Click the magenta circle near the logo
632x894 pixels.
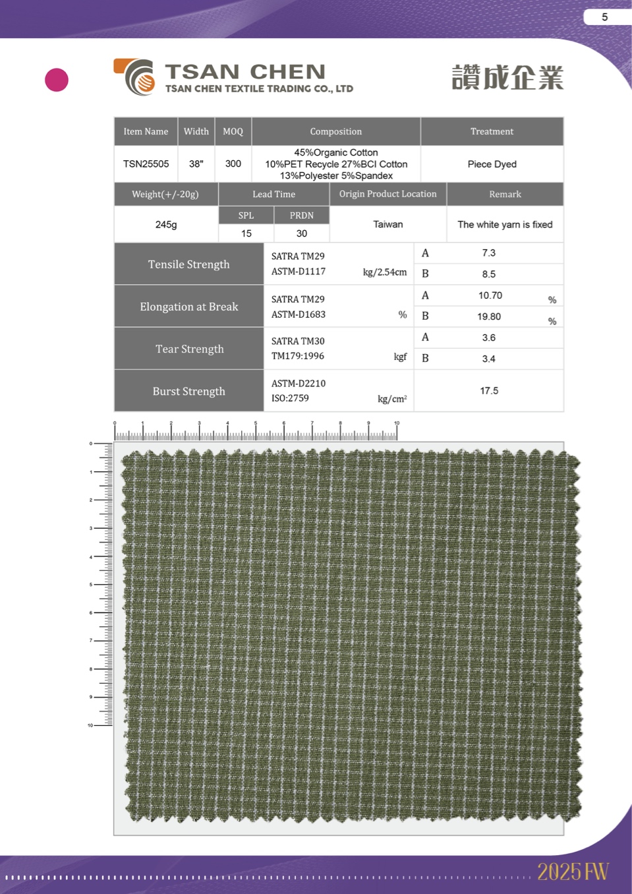point(57,80)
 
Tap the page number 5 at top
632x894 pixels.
point(604,17)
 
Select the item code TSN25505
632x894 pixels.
point(146,164)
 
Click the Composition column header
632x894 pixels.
point(335,131)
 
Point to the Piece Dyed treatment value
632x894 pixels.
point(492,164)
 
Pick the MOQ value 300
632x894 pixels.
point(233,164)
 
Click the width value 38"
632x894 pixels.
point(196,164)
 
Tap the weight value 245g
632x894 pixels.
point(166,225)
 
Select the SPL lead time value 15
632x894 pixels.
point(246,233)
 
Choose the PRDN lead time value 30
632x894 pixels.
point(301,233)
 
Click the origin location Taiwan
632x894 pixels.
point(388,225)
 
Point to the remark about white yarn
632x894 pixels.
point(505,225)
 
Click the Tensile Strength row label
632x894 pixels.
point(188,264)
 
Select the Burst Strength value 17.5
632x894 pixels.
point(489,391)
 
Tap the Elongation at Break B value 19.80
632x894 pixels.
point(489,317)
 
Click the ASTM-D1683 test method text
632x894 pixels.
point(299,314)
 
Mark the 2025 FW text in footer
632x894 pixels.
point(572,872)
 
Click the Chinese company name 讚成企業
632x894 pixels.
point(507,78)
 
